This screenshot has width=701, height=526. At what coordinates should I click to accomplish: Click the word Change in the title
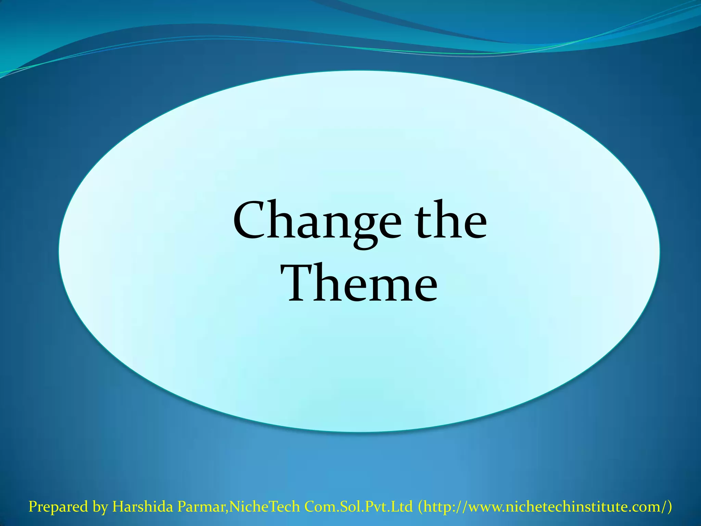click(317, 222)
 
